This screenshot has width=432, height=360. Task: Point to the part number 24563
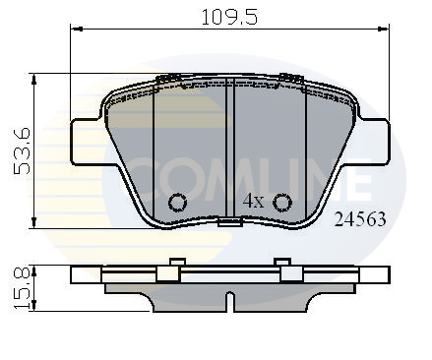pyautogui.click(x=359, y=220)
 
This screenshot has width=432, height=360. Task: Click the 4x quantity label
pyautogui.click(x=253, y=200)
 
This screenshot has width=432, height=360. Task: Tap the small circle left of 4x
pyautogui.click(x=177, y=203)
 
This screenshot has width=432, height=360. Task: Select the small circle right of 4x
pyautogui.click(x=282, y=203)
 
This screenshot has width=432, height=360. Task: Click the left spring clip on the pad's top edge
pyautogui.click(x=168, y=78)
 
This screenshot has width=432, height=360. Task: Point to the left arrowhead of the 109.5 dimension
pyautogui.click(x=75, y=30)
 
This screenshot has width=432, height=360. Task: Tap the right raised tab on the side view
pyautogui.click(x=282, y=263)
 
